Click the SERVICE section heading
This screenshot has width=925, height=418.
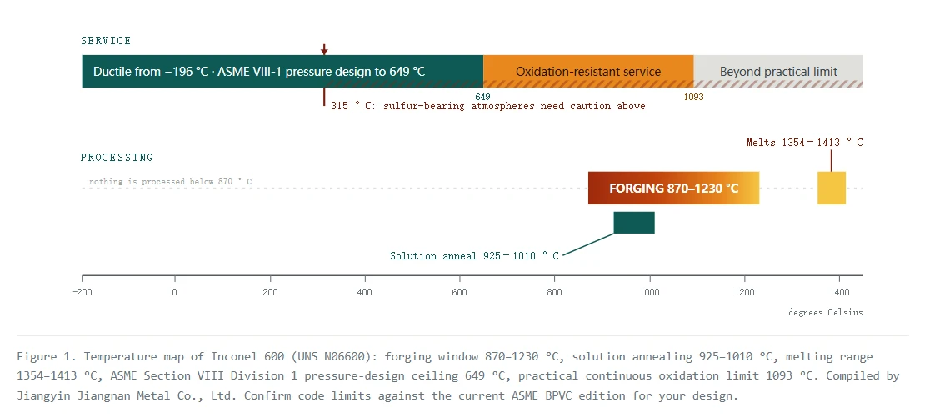tap(106, 41)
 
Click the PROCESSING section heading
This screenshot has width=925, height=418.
tap(117, 158)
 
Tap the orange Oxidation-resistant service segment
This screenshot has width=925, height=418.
tap(588, 72)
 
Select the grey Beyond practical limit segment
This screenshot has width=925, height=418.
tap(778, 72)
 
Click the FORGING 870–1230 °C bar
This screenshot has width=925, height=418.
tap(673, 189)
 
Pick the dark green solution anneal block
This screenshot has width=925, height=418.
tap(634, 223)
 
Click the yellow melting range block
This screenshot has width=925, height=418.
tap(831, 189)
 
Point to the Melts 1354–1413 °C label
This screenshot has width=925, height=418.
tap(805, 143)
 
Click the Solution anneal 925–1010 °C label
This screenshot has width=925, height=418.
tap(475, 255)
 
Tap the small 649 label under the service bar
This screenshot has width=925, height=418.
tap(482, 97)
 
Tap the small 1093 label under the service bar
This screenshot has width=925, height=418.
tap(693, 97)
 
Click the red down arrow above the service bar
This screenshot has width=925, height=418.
tap(324, 49)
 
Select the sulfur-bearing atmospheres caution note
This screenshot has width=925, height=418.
tap(487, 106)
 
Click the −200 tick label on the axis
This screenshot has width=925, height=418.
tap(82, 292)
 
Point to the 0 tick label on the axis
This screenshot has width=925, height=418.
tap(175, 292)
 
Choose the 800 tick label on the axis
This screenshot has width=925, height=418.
tap(554, 292)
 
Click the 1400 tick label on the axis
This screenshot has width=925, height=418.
tap(839, 292)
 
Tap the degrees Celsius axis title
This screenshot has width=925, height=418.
tap(825, 312)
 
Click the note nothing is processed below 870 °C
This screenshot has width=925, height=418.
tap(171, 182)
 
